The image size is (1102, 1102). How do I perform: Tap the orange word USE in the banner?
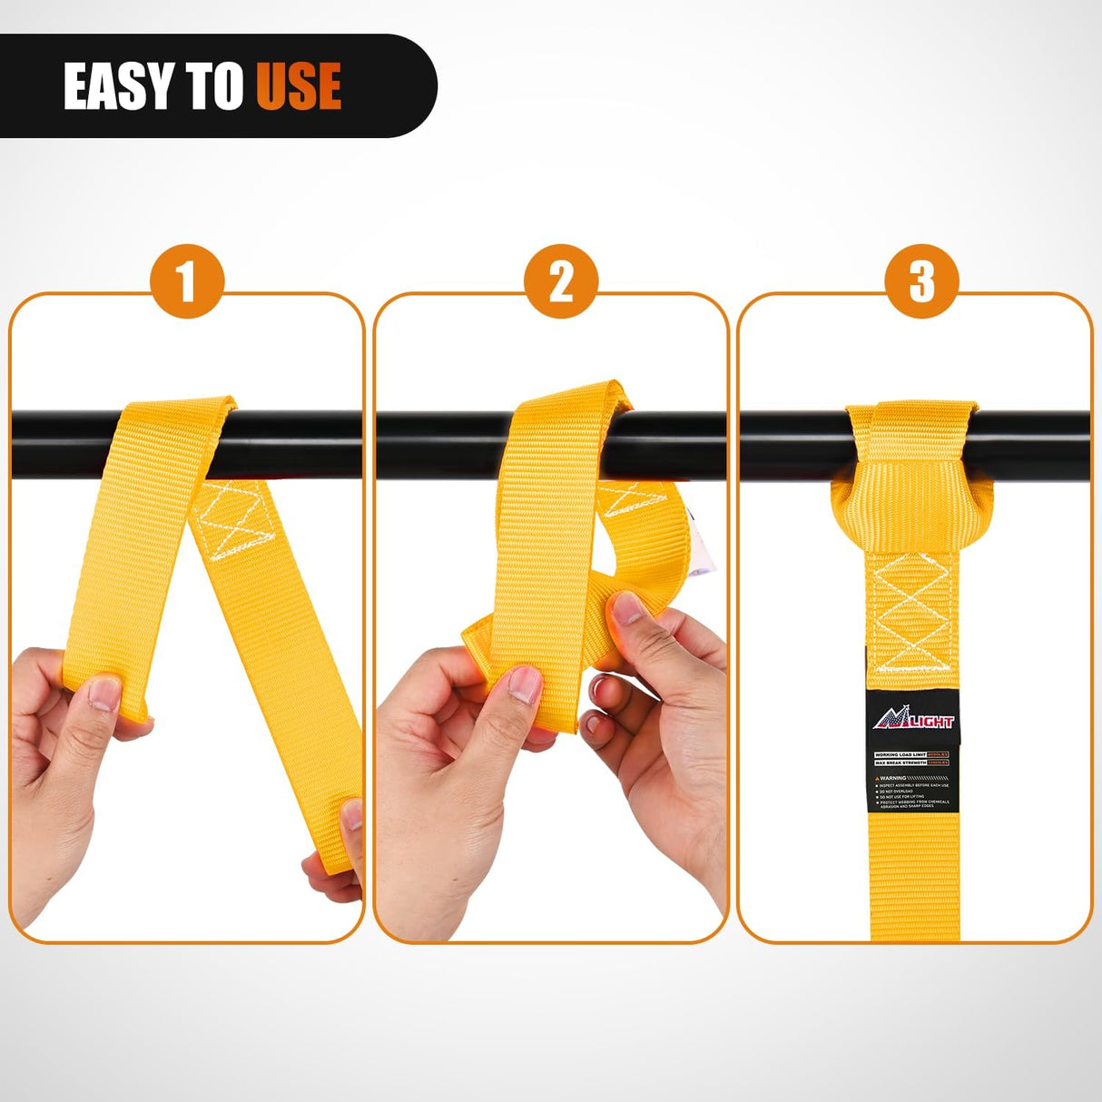tap(299, 87)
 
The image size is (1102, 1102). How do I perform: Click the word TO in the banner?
tap(215, 87)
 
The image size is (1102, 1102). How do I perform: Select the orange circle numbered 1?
tap(186, 281)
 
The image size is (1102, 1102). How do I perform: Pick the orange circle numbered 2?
tap(561, 281)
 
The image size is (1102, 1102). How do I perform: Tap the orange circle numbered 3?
tap(921, 281)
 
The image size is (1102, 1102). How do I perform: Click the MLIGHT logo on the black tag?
tap(914, 721)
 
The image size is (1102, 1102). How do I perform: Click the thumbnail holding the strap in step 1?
tap(105, 695)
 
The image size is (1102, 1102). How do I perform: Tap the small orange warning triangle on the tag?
tap(878, 778)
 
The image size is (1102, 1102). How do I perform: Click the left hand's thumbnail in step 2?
tap(524, 684)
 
